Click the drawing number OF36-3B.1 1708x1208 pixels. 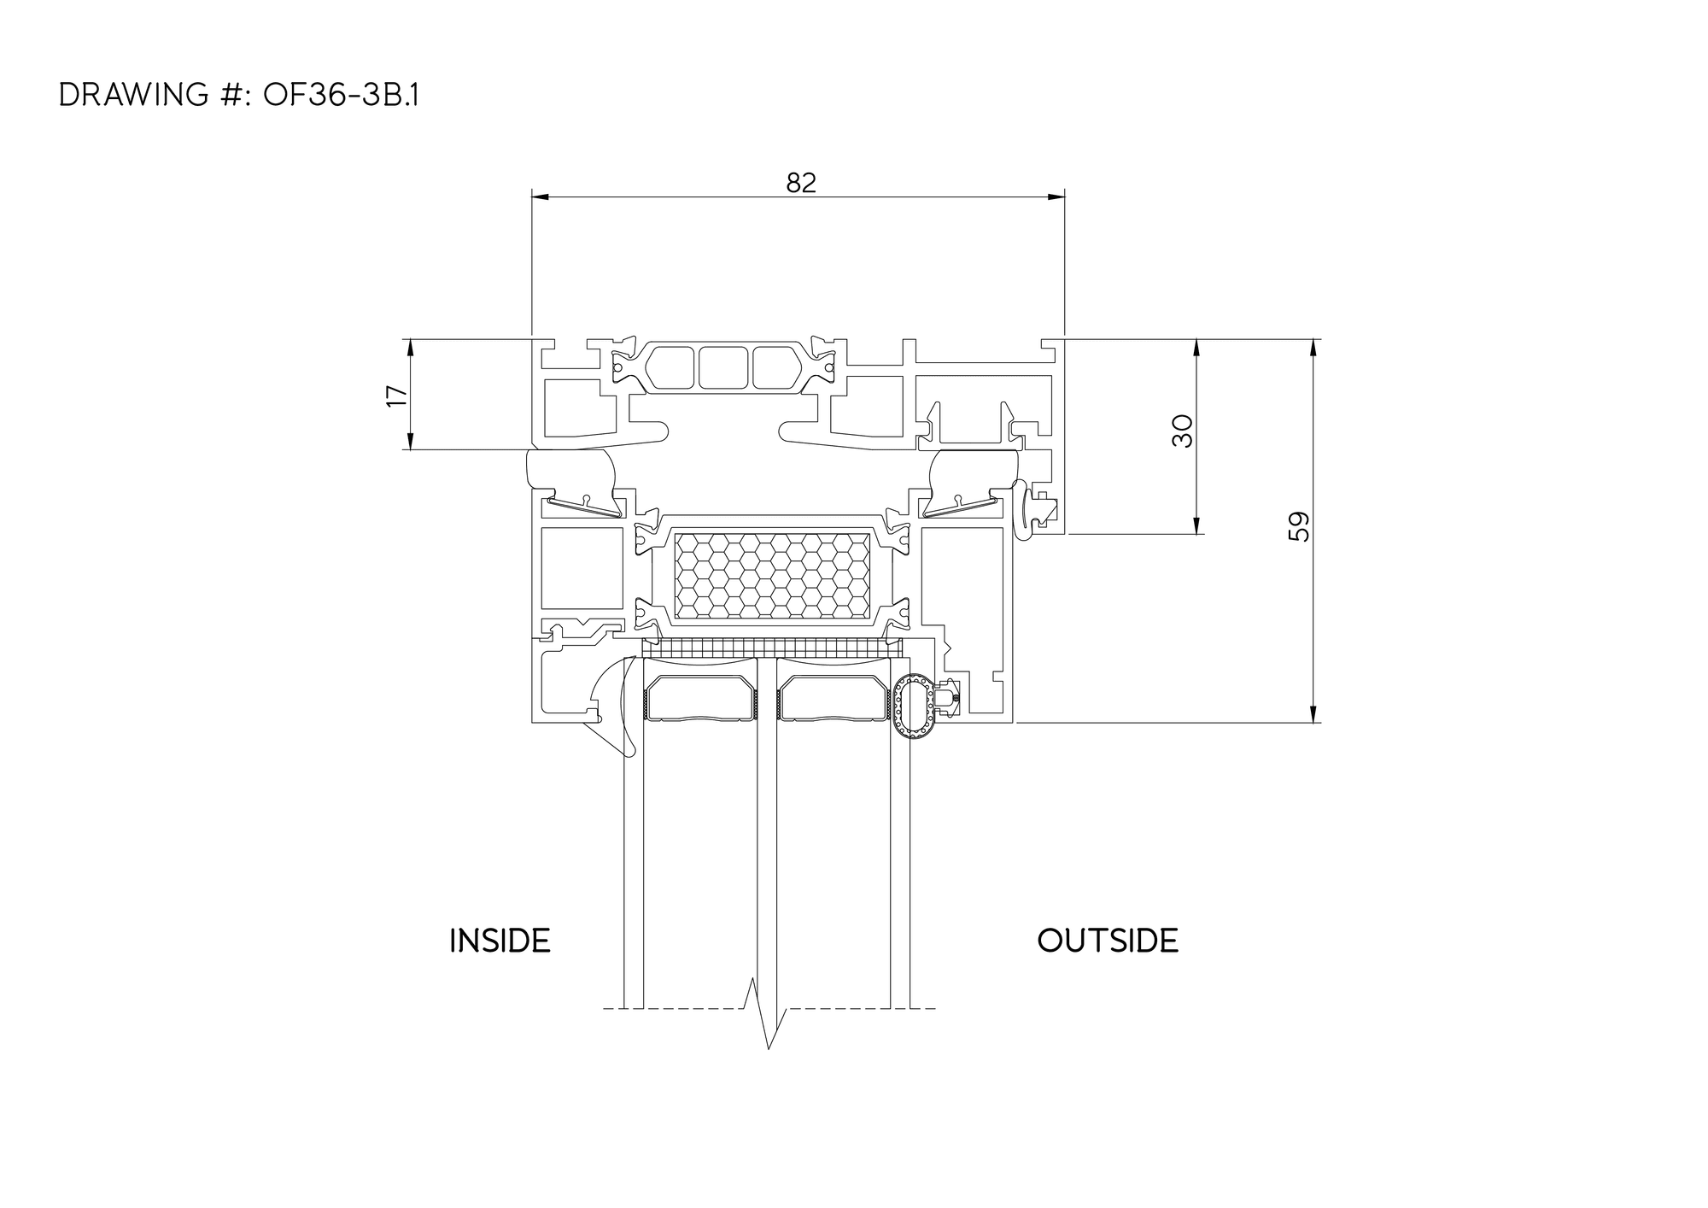pos(341,96)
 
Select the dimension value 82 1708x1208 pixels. pos(801,183)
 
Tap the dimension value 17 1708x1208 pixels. pos(397,396)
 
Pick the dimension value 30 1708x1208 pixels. pos(1182,431)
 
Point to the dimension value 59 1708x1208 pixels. pos(1298,526)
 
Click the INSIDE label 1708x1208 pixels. pos(500,941)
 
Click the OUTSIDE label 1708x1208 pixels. pos(1108,941)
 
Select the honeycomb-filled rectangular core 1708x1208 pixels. pos(772,576)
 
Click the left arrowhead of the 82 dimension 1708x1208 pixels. pos(540,197)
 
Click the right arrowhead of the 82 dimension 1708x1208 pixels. pos(1056,197)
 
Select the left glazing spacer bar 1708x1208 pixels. pos(701,699)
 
